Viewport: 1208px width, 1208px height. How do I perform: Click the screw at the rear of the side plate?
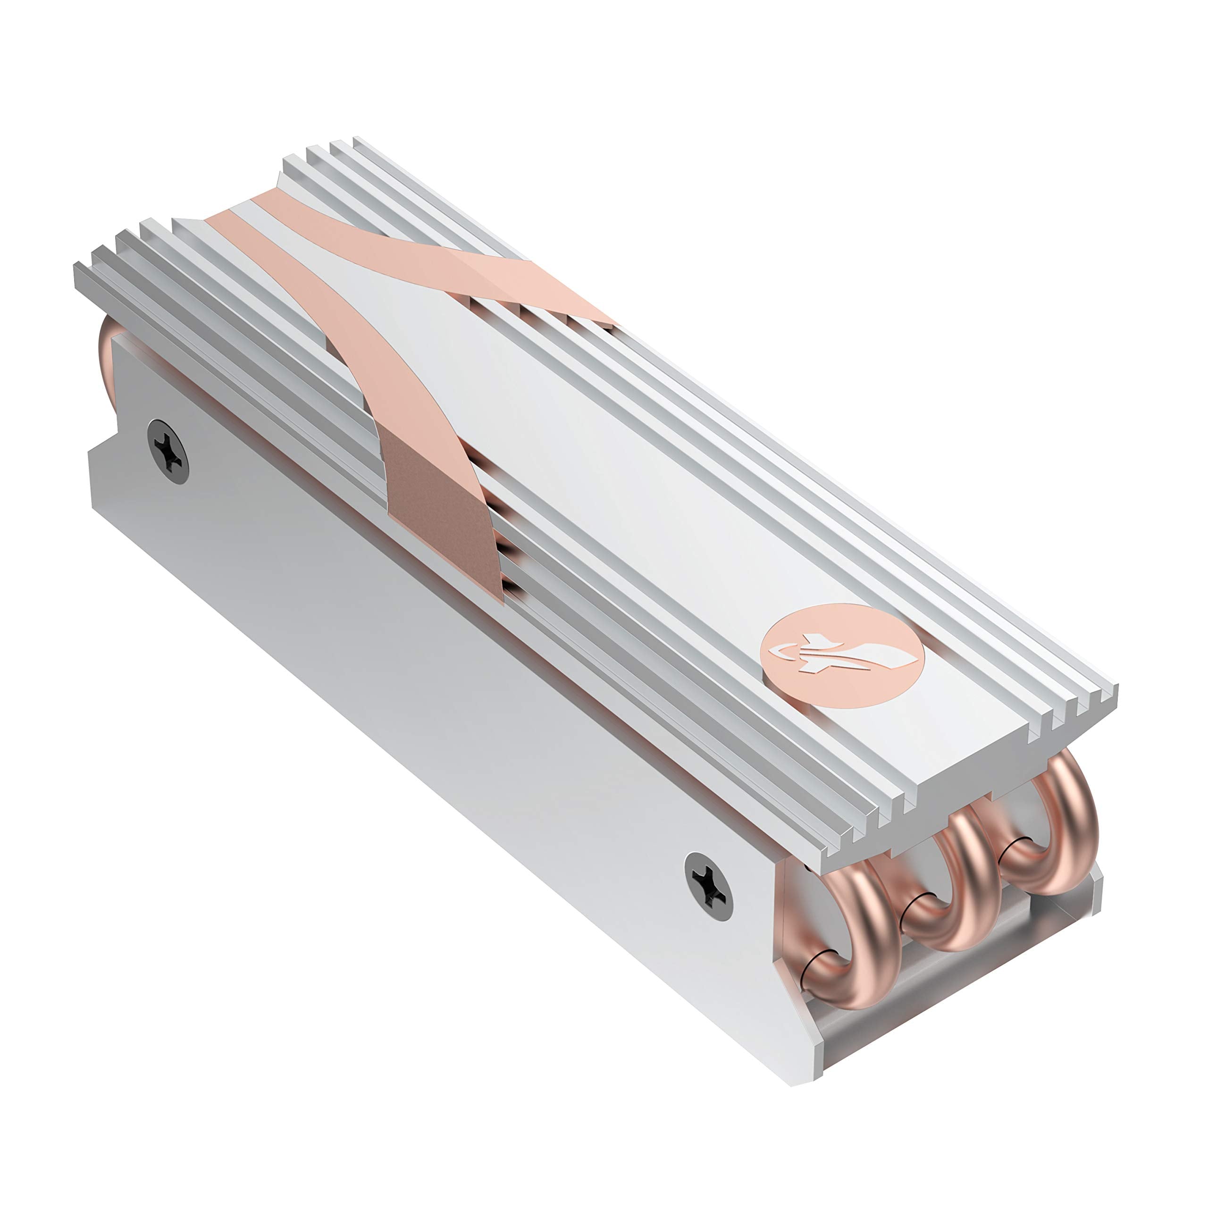(x=168, y=451)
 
